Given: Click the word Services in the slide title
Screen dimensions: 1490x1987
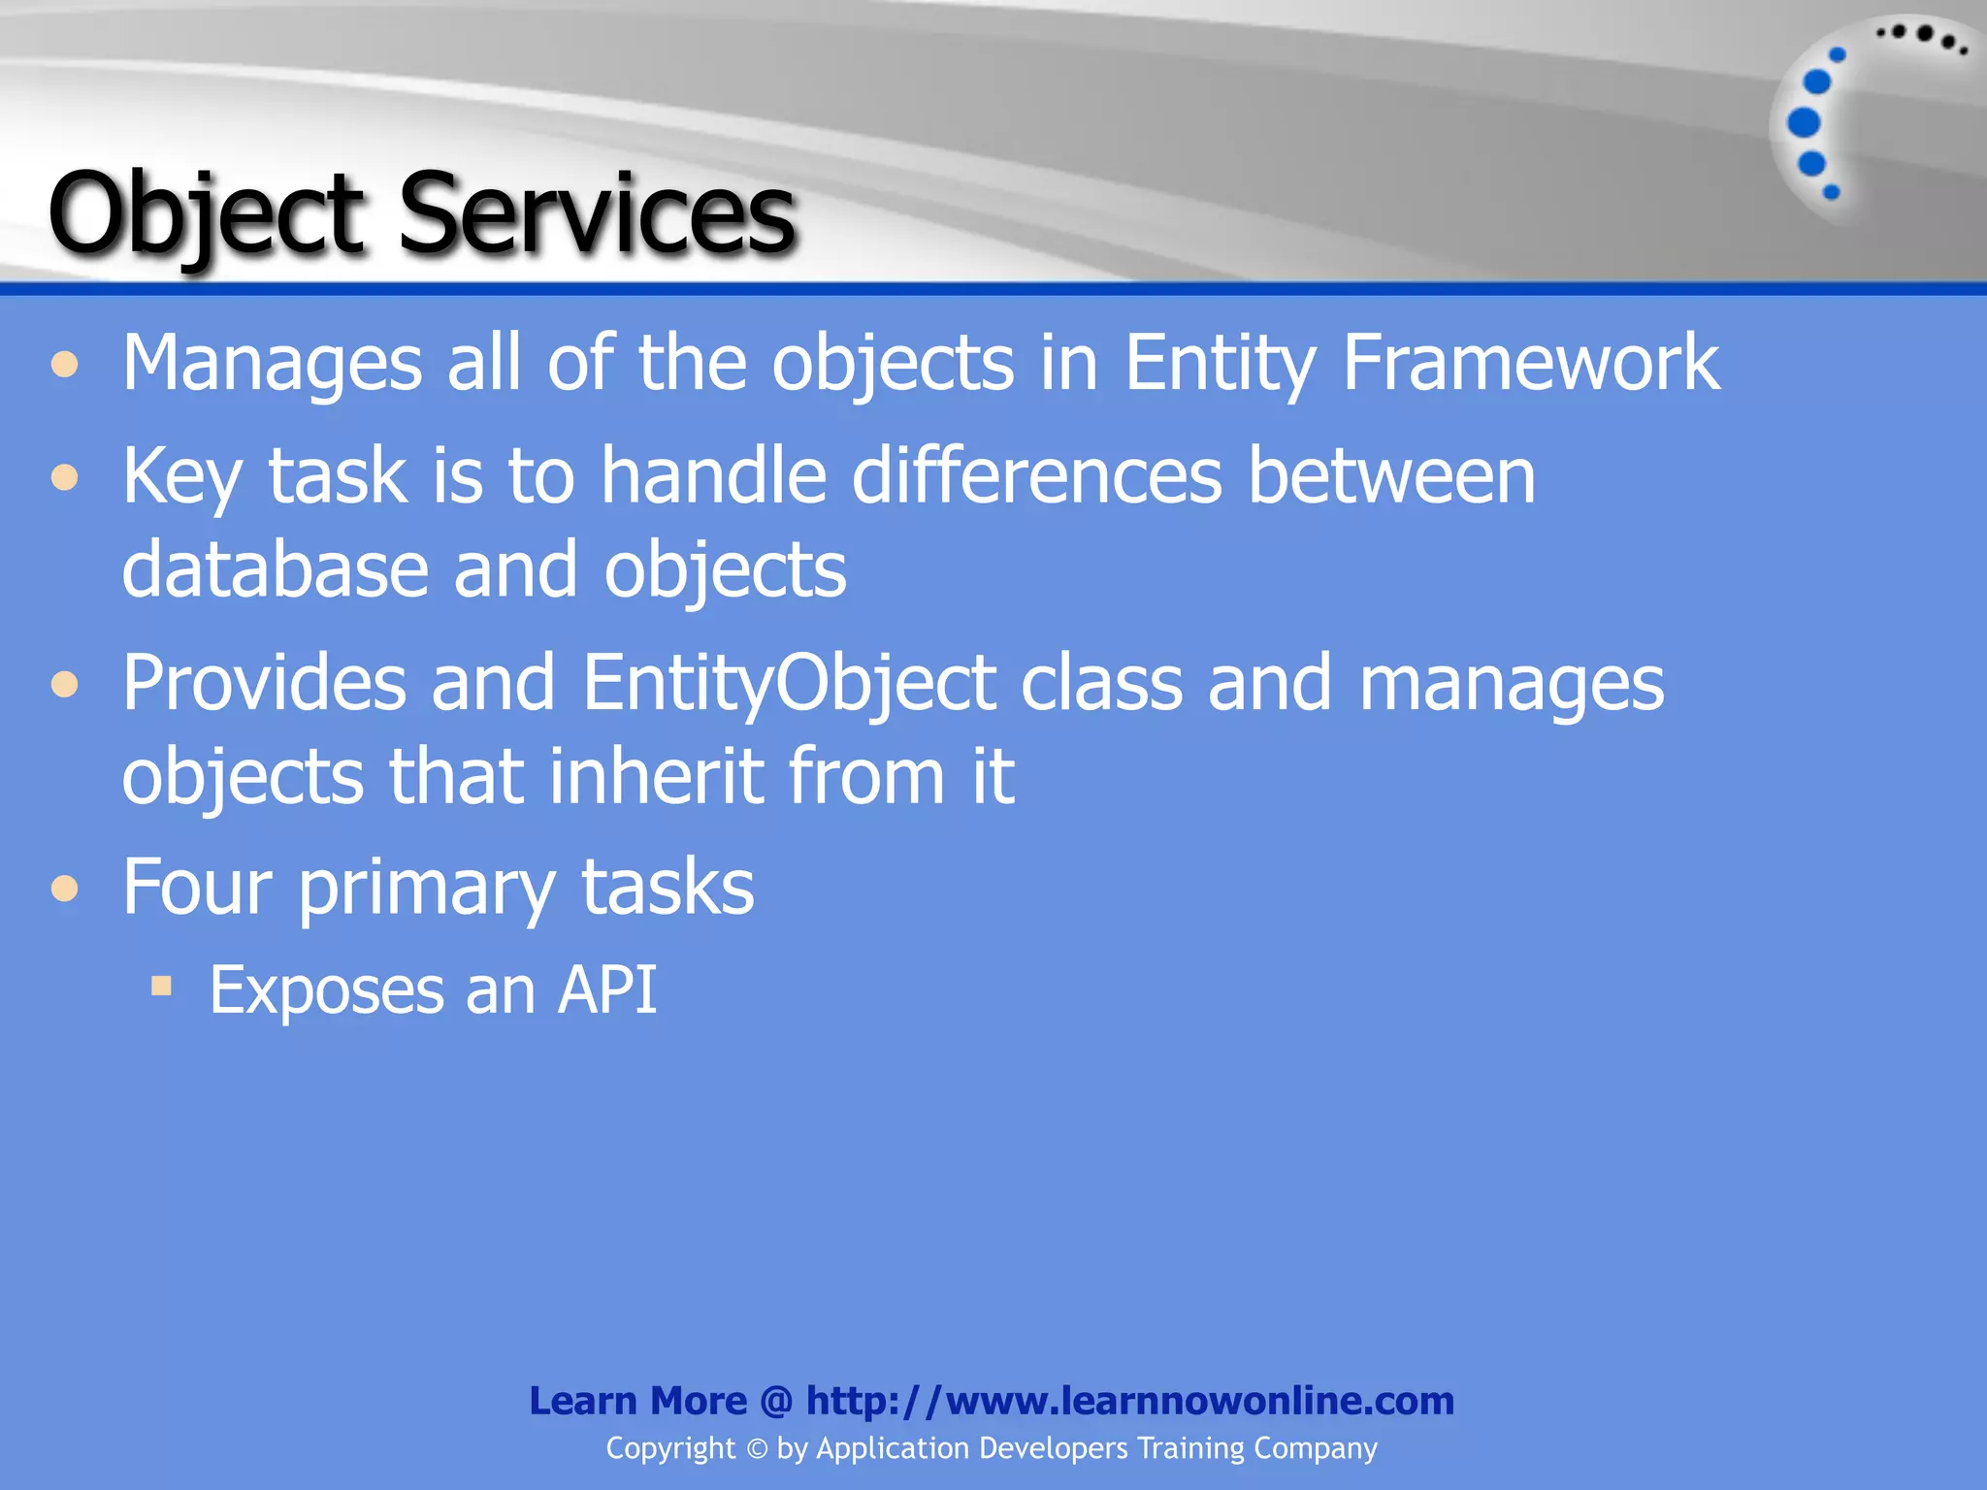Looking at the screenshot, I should point(597,213).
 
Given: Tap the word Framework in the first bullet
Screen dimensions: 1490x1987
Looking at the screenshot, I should point(1530,364).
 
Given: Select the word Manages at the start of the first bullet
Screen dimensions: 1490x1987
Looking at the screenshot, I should point(273,364).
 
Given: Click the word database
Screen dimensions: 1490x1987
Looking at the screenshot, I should point(275,570).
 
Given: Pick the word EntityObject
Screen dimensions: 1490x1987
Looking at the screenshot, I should point(789,684).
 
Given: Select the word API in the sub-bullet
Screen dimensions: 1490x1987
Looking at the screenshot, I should point(608,990).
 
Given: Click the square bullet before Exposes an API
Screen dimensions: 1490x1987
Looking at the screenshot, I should point(162,988).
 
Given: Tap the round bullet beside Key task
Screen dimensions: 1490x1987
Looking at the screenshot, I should point(65,477).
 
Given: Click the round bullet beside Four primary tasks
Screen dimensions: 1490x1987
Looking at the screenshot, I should point(65,889).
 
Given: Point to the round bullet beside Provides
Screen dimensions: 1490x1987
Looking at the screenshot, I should point(65,685).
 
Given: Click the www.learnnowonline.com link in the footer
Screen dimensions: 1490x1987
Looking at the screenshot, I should point(1199,1401).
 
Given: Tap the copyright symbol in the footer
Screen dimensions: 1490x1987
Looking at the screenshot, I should point(757,1449).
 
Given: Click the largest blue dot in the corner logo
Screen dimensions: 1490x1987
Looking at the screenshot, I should point(1804,123).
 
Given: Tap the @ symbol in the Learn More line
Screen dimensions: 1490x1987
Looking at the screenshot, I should point(776,1401).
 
